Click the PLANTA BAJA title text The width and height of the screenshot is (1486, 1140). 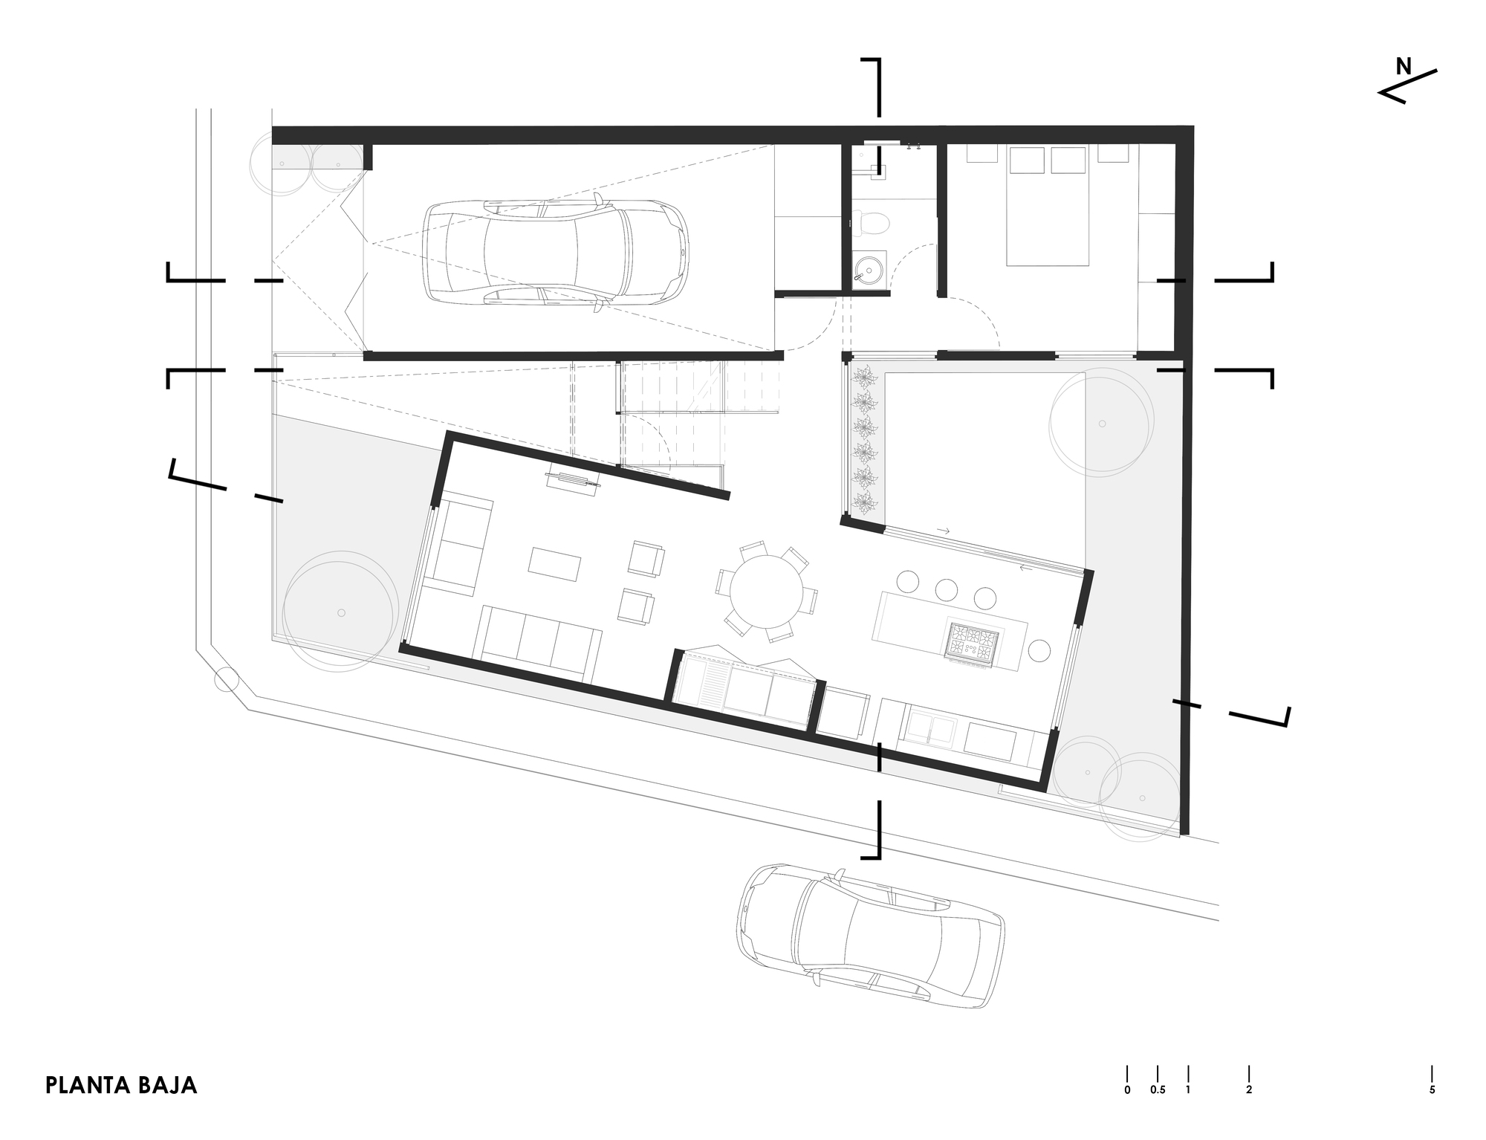pos(121,1085)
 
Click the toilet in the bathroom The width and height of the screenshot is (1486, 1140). pos(873,221)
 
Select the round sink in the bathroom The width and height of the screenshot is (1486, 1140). pos(867,269)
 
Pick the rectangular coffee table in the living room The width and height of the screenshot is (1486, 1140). pos(554,565)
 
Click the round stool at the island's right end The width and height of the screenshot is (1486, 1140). pos(1039,651)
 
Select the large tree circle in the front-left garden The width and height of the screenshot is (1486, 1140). pos(339,612)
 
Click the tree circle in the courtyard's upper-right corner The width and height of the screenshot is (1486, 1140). pos(1101,424)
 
